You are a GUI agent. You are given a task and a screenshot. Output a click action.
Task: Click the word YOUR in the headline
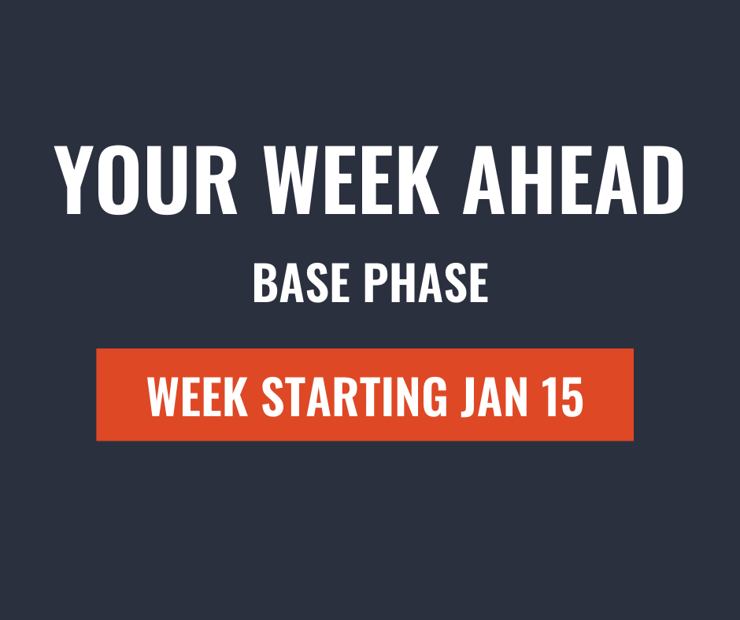coord(146,180)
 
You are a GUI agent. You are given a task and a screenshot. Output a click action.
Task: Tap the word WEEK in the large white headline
coord(351,180)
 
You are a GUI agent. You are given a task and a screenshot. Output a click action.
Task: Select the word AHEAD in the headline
coord(573,180)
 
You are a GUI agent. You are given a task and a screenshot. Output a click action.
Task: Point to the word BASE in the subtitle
coord(301,283)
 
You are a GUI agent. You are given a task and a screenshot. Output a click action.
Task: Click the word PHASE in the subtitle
coord(427,283)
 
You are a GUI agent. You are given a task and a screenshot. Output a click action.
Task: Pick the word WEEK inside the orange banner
coord(198,397)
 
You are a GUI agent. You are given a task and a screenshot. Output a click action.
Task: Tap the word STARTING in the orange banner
coord(354,397)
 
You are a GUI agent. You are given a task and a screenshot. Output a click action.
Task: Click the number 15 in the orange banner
coord(564,397)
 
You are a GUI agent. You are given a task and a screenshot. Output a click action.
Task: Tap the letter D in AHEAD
coord(660,180)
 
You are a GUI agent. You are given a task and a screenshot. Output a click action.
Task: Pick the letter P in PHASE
coord(378,283)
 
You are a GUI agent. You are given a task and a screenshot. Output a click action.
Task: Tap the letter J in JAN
coord(469,397)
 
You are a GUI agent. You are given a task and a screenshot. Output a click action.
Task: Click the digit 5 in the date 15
coord(572,397)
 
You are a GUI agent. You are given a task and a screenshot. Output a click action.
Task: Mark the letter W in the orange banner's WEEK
coord(166,397)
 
